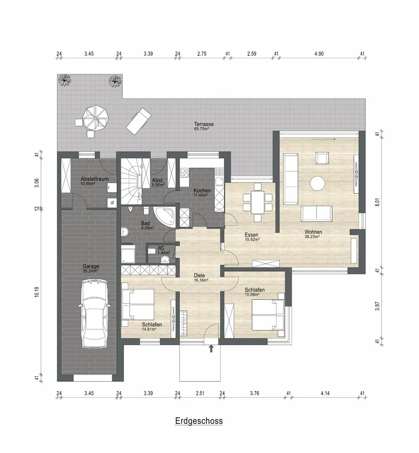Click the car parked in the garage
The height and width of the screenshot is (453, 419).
point(94,314)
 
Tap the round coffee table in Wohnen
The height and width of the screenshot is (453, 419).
point(317,183)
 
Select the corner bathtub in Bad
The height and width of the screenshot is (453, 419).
point(164,216)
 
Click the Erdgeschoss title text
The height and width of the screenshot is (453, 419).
point(199,421)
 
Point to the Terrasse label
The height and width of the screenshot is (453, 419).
point(204,124)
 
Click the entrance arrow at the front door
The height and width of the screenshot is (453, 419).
point(211,349)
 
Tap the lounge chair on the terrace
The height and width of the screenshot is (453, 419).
point(139,121)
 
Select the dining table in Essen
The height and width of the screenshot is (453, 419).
point(257,202)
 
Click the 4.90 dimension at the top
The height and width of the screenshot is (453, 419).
point(319,54)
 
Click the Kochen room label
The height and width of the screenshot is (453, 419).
point(202,190)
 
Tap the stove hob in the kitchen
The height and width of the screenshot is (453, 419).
point(185,173)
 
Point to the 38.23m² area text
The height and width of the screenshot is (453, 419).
point(312,237)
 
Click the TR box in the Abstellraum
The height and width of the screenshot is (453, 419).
point(112,203)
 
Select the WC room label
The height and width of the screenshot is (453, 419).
point(161,248)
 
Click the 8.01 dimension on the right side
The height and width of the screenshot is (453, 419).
point(377,201)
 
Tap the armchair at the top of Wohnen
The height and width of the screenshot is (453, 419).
point(322,158)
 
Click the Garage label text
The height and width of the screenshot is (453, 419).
point(91,266)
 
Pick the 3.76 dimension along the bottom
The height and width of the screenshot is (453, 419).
point(254,393)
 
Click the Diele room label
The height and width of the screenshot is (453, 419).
point(199,275)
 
